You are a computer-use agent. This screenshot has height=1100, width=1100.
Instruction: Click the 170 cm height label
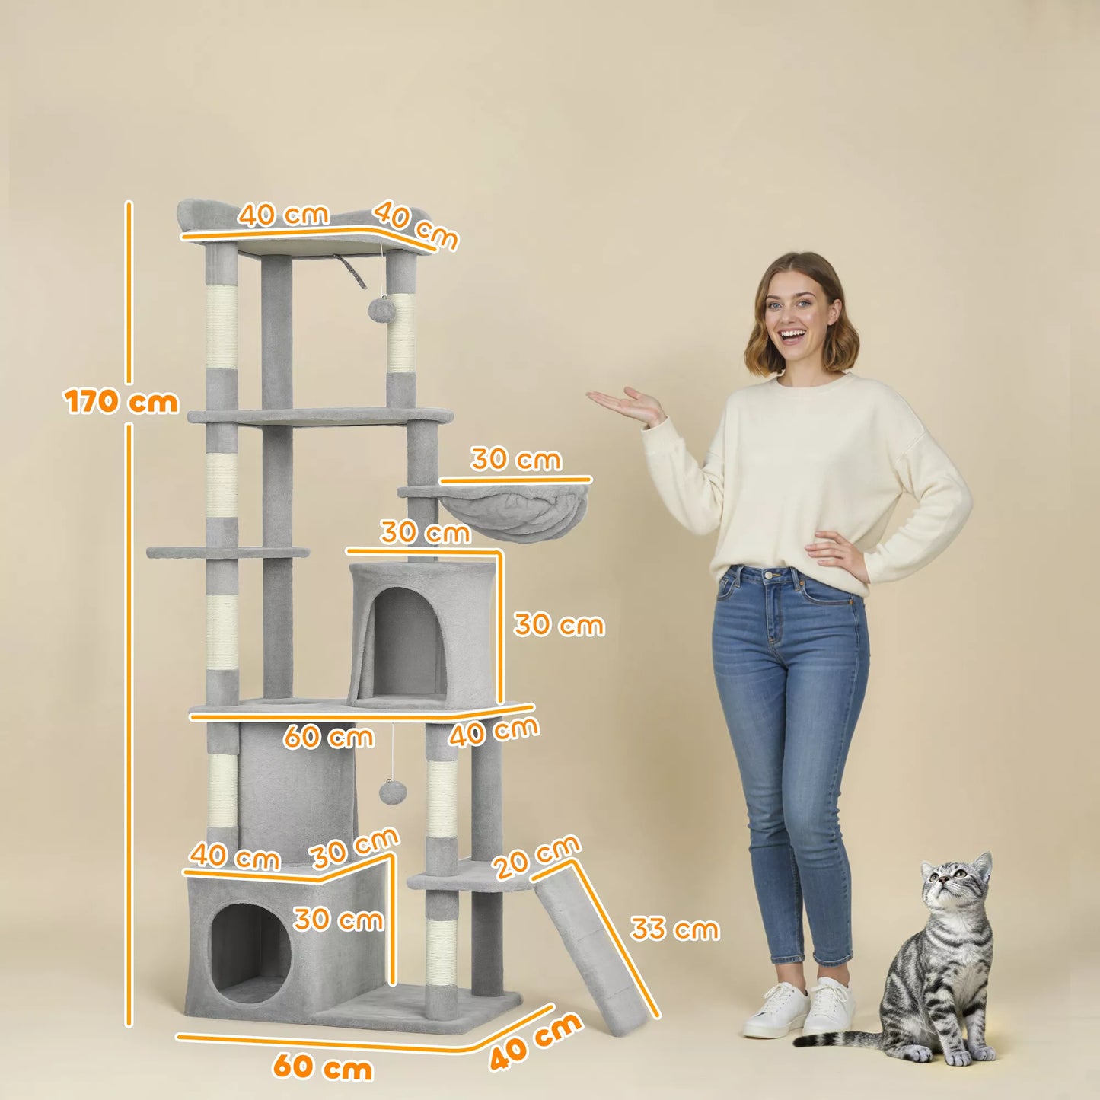pyautogui.click(x=121, y=401)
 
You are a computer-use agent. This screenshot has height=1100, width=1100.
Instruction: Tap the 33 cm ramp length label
pyautogui.click(x=674, y=929)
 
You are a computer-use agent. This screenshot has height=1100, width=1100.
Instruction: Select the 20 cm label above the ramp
pyautogui.click(x=536, y=857)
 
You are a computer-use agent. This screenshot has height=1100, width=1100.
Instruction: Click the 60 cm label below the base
pyautogui.click(x=323, y=1067)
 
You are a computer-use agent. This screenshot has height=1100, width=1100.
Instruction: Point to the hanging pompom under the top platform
pyautogui.click(x=379, y=308)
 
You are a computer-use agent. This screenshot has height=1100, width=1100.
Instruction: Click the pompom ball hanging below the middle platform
pyautogui.click(x=392, y=792)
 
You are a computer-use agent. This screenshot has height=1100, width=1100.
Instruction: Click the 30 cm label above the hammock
pyautogui.click(x=516, y=460)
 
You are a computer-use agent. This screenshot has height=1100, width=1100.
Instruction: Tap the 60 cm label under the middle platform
pyautogui.click(x=328, y=736)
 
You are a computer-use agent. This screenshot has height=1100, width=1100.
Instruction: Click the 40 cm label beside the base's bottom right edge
pyautogui.click(x=535, y=1042)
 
